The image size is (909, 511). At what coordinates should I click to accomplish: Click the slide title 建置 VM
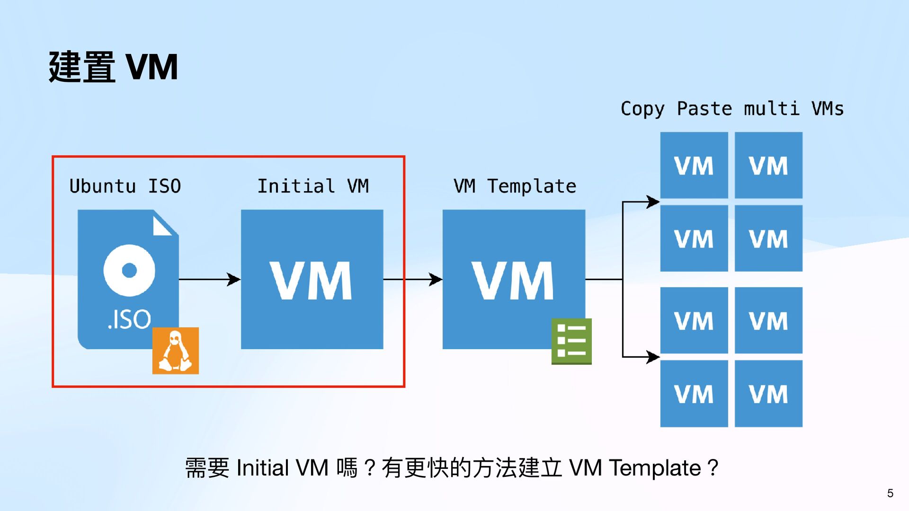tap(113, 67)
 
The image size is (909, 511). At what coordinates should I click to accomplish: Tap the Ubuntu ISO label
tap(125, 186)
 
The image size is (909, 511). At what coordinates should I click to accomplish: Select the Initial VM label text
tap(313, 186)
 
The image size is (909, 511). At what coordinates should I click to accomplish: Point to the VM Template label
tap(515, 186)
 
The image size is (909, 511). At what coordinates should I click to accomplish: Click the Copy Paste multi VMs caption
tap(732, 109)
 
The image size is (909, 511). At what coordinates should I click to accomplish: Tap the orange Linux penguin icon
tap(176, 351)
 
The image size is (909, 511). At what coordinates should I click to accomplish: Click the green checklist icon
tap(571, 341)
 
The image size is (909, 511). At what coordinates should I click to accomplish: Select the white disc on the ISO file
tap(129, 271)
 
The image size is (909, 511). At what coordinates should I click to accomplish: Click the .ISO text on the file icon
tap(129, 319)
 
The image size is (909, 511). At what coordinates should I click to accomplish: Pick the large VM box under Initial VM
tap(312, 279)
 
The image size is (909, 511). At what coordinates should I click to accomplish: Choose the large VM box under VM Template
tap(514, 279)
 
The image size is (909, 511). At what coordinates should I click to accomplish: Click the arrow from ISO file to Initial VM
tap(210, 280)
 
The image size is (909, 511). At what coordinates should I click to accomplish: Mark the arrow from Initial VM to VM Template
tap(412, 280)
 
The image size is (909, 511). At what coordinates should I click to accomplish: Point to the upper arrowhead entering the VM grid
tap(653, 202)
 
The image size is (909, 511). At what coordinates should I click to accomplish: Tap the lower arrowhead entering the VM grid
tap(653, 357)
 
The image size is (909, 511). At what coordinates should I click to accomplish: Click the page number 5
tap(890, 493)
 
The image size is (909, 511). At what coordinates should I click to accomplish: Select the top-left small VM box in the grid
tap(694, 165)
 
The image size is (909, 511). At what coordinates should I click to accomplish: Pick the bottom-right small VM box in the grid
tap(768, 394)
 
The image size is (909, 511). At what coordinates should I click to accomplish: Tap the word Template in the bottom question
tap(655, 468)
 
